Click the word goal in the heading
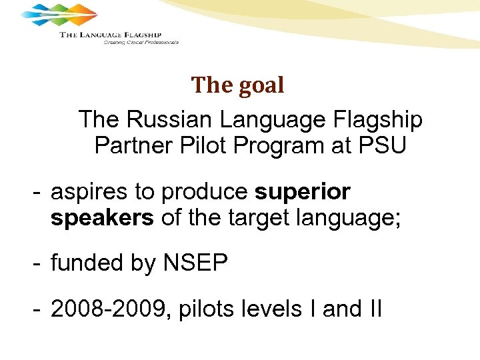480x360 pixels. [x=261, y=86]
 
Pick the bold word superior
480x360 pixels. [x=303, y=192]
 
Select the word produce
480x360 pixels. [x=205, y=193]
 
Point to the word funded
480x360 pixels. [x=86, y=263]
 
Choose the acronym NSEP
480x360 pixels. [x=195, y=263]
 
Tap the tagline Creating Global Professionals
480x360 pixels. [x=141, y=42]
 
